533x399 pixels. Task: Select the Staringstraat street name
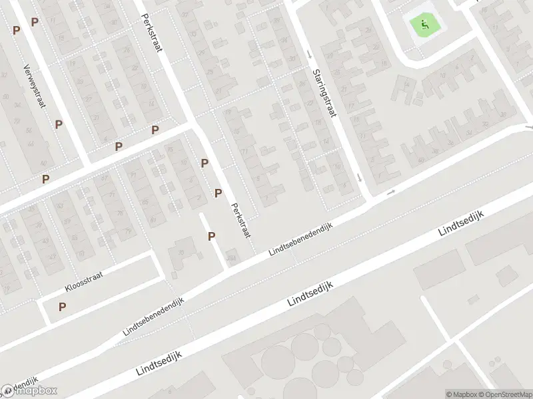pyautogui.click(x=323, y=94)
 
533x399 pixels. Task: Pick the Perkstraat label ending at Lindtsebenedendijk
pyautogui.click(x=241, y=221)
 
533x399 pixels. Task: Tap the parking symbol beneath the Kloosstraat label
pyautogui.click(x=63, y=307)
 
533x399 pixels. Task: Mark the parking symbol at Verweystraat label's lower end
pyautogui.click(x=59, y=124)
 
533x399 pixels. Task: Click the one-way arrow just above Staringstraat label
pyautogui.click(x=309, y=53)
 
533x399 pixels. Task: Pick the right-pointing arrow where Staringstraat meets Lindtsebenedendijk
pyautogui.click(x=391, y=192)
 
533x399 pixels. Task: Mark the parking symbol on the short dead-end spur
pyautogui.click(x=211, y=236)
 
